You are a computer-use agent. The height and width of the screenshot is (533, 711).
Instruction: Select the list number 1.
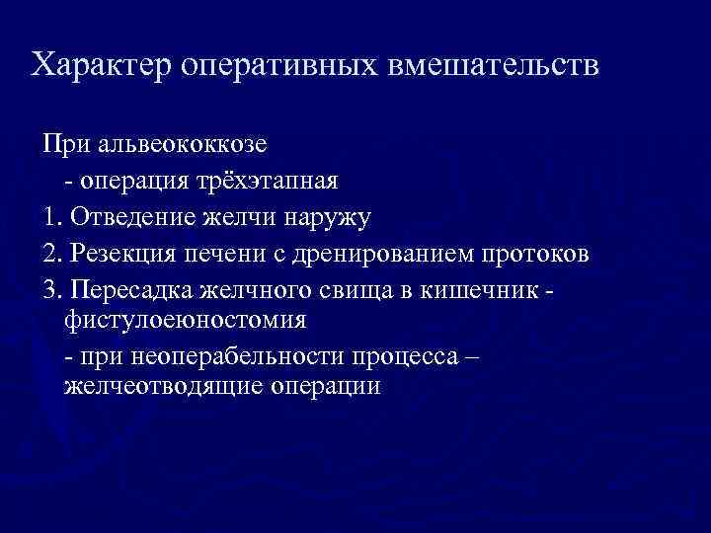49,217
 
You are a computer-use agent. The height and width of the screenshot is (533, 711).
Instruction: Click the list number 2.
49,253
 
